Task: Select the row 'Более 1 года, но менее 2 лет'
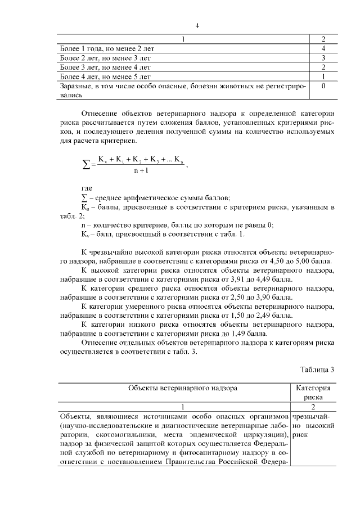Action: (107, 49)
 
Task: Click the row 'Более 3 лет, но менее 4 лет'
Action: (107, 67)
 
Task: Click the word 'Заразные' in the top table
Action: (75, 86)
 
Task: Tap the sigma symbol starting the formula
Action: (86, 165)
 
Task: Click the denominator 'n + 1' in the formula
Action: (141, 172)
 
